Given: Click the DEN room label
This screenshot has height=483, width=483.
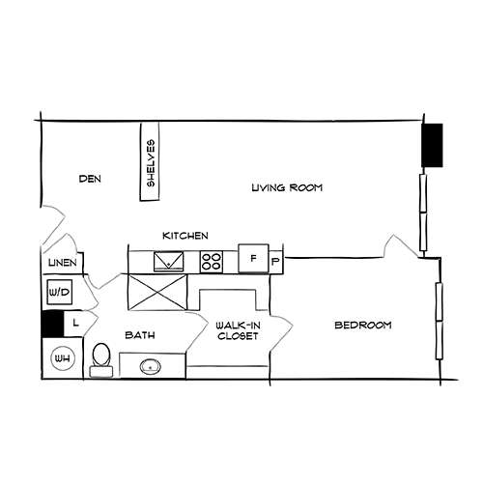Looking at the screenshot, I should (x=90, y=179).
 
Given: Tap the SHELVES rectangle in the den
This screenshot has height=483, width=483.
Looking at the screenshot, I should (x=151, y=162).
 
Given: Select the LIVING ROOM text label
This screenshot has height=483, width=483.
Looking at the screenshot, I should (x=286, y=187).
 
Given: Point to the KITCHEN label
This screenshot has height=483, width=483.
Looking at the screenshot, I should (x=185, y=237).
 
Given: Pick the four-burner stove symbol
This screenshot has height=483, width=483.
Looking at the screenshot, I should (x=212, y=261).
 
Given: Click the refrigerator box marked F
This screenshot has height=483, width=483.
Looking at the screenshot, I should (x=253, y=260).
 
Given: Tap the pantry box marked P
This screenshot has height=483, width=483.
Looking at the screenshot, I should (x=274, y=261).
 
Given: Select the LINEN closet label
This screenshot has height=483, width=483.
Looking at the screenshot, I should (x=60, y=264).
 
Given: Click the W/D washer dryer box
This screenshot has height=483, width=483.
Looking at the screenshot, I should (x=57, y=292).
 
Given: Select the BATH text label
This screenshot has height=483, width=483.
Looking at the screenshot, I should (x=141, y=335).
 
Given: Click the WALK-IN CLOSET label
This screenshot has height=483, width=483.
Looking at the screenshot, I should (x=237, y=330).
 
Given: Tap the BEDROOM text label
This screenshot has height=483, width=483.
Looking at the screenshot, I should (x=362, y=326).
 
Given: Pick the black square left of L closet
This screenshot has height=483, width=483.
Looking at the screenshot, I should (x=51, y=326).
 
